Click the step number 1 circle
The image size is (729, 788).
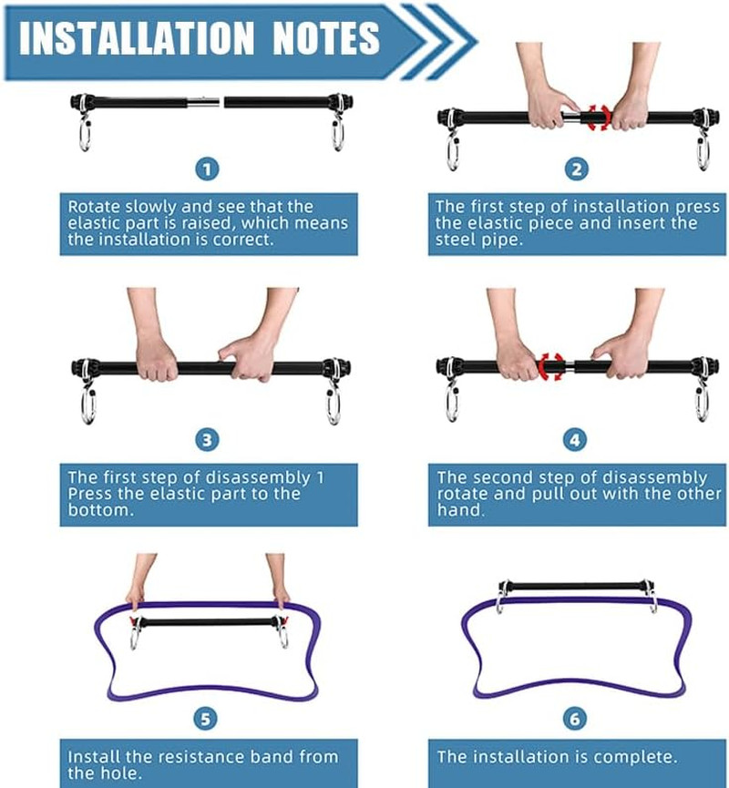207,169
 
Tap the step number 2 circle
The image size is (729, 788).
576,169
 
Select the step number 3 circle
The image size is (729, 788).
207,440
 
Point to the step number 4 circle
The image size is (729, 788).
575,440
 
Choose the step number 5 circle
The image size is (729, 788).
206,719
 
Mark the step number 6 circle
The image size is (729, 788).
575,719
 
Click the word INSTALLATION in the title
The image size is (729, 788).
137,38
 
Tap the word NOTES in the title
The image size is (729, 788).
326,38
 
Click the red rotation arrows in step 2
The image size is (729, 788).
599,118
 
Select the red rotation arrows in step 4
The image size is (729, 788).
551,366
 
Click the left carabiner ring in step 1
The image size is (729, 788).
84,135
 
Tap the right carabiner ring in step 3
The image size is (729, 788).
333,406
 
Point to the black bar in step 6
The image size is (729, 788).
576,587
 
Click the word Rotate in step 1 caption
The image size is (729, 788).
94,207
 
